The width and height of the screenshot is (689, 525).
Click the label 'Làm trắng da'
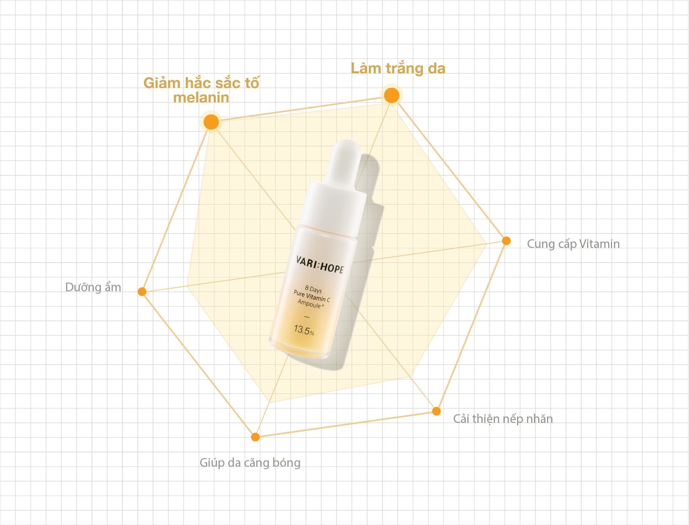398,68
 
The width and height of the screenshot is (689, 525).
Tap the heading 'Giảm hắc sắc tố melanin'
201,90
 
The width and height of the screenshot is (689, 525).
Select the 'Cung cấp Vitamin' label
573,244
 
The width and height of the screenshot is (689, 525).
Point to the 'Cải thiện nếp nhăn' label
503,419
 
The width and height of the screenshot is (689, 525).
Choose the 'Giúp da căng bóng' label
250,463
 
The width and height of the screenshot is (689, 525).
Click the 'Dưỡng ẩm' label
93,287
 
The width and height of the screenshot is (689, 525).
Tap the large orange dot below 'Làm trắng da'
392,96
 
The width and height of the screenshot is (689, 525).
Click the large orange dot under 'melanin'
211,122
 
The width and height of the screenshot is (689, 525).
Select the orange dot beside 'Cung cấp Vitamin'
506,241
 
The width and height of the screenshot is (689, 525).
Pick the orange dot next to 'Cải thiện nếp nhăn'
436,411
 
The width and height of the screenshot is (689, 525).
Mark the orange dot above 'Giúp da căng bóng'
255,437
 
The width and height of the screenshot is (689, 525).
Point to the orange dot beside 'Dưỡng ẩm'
142,292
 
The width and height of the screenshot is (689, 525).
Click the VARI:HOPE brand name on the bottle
320,265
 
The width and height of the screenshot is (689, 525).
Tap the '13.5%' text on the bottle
304,330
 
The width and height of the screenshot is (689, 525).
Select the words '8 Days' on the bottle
313,289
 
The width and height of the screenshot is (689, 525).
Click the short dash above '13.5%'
306,317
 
